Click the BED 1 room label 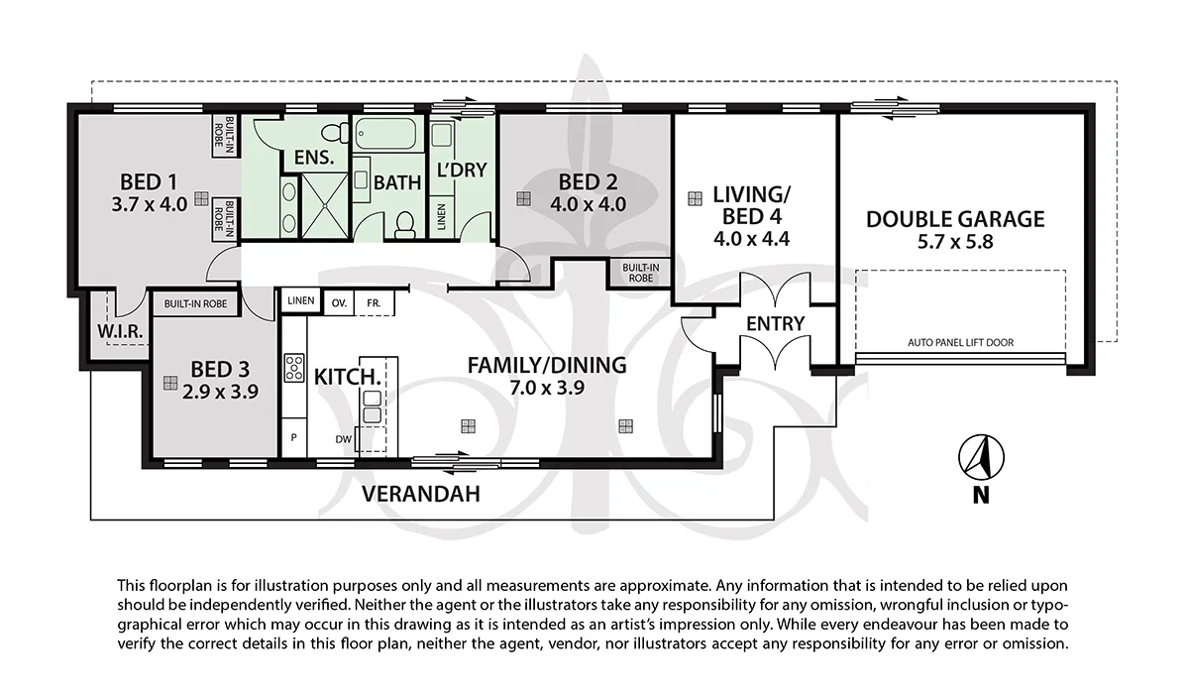click(149, 182)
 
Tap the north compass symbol click(981, 458)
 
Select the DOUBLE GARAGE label click(955, 219)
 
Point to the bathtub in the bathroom click(385, 133)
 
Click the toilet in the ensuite click(336, 132)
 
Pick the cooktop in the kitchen click(294, 368)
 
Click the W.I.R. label click(120, 332)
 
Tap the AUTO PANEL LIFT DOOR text click(960, 342)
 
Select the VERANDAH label click(421, 494)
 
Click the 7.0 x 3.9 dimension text click(547, 388)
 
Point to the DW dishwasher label click(344, 439)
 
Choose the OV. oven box click(339, 303)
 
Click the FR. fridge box click(375, 303)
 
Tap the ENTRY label click(775, 323)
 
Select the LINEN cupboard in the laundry click(441, 217)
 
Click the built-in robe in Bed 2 click(640, 273)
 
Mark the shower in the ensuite click(324, 205)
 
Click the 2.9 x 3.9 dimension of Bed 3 click(220, 392)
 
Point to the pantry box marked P click(293, 437)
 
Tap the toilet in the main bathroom click(405, 225)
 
